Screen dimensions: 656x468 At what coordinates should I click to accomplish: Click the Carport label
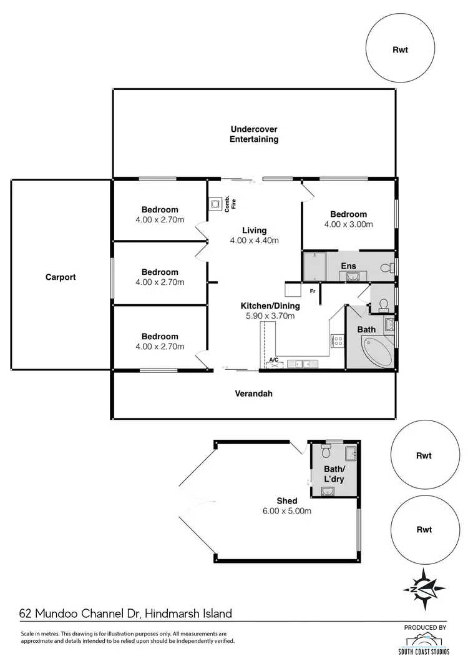tap(61, 277)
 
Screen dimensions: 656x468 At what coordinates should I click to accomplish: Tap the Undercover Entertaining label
tap(253, 134)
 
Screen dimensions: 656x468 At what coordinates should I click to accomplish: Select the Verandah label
tap(253, 394)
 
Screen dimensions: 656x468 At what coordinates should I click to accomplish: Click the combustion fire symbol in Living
tap(215, 204)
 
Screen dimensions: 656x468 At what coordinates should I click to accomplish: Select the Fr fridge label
tap(312, 290)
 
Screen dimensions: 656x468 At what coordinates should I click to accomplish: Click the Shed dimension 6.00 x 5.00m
tap(286, 510)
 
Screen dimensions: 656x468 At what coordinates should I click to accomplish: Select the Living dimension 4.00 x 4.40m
tap(253, 241)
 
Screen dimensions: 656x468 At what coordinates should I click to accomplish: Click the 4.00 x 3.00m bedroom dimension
tap(348, 224)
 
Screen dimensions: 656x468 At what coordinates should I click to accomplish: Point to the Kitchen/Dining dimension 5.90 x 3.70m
tap(270, 316)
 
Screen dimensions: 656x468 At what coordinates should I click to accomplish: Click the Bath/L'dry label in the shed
tap(334, 474)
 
